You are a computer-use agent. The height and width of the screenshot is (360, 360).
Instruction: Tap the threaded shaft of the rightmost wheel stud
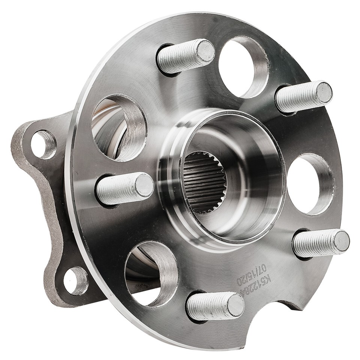tap(315, 243)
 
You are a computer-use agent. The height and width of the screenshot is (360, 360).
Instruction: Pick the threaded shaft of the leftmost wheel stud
tap(118, 189)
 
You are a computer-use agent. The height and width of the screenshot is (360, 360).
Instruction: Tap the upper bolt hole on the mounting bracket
tap(43, 144)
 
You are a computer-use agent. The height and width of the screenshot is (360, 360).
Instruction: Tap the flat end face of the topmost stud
tap(205, 51)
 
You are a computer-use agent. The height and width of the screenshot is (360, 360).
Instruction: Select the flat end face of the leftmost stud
tap(144, 185)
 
